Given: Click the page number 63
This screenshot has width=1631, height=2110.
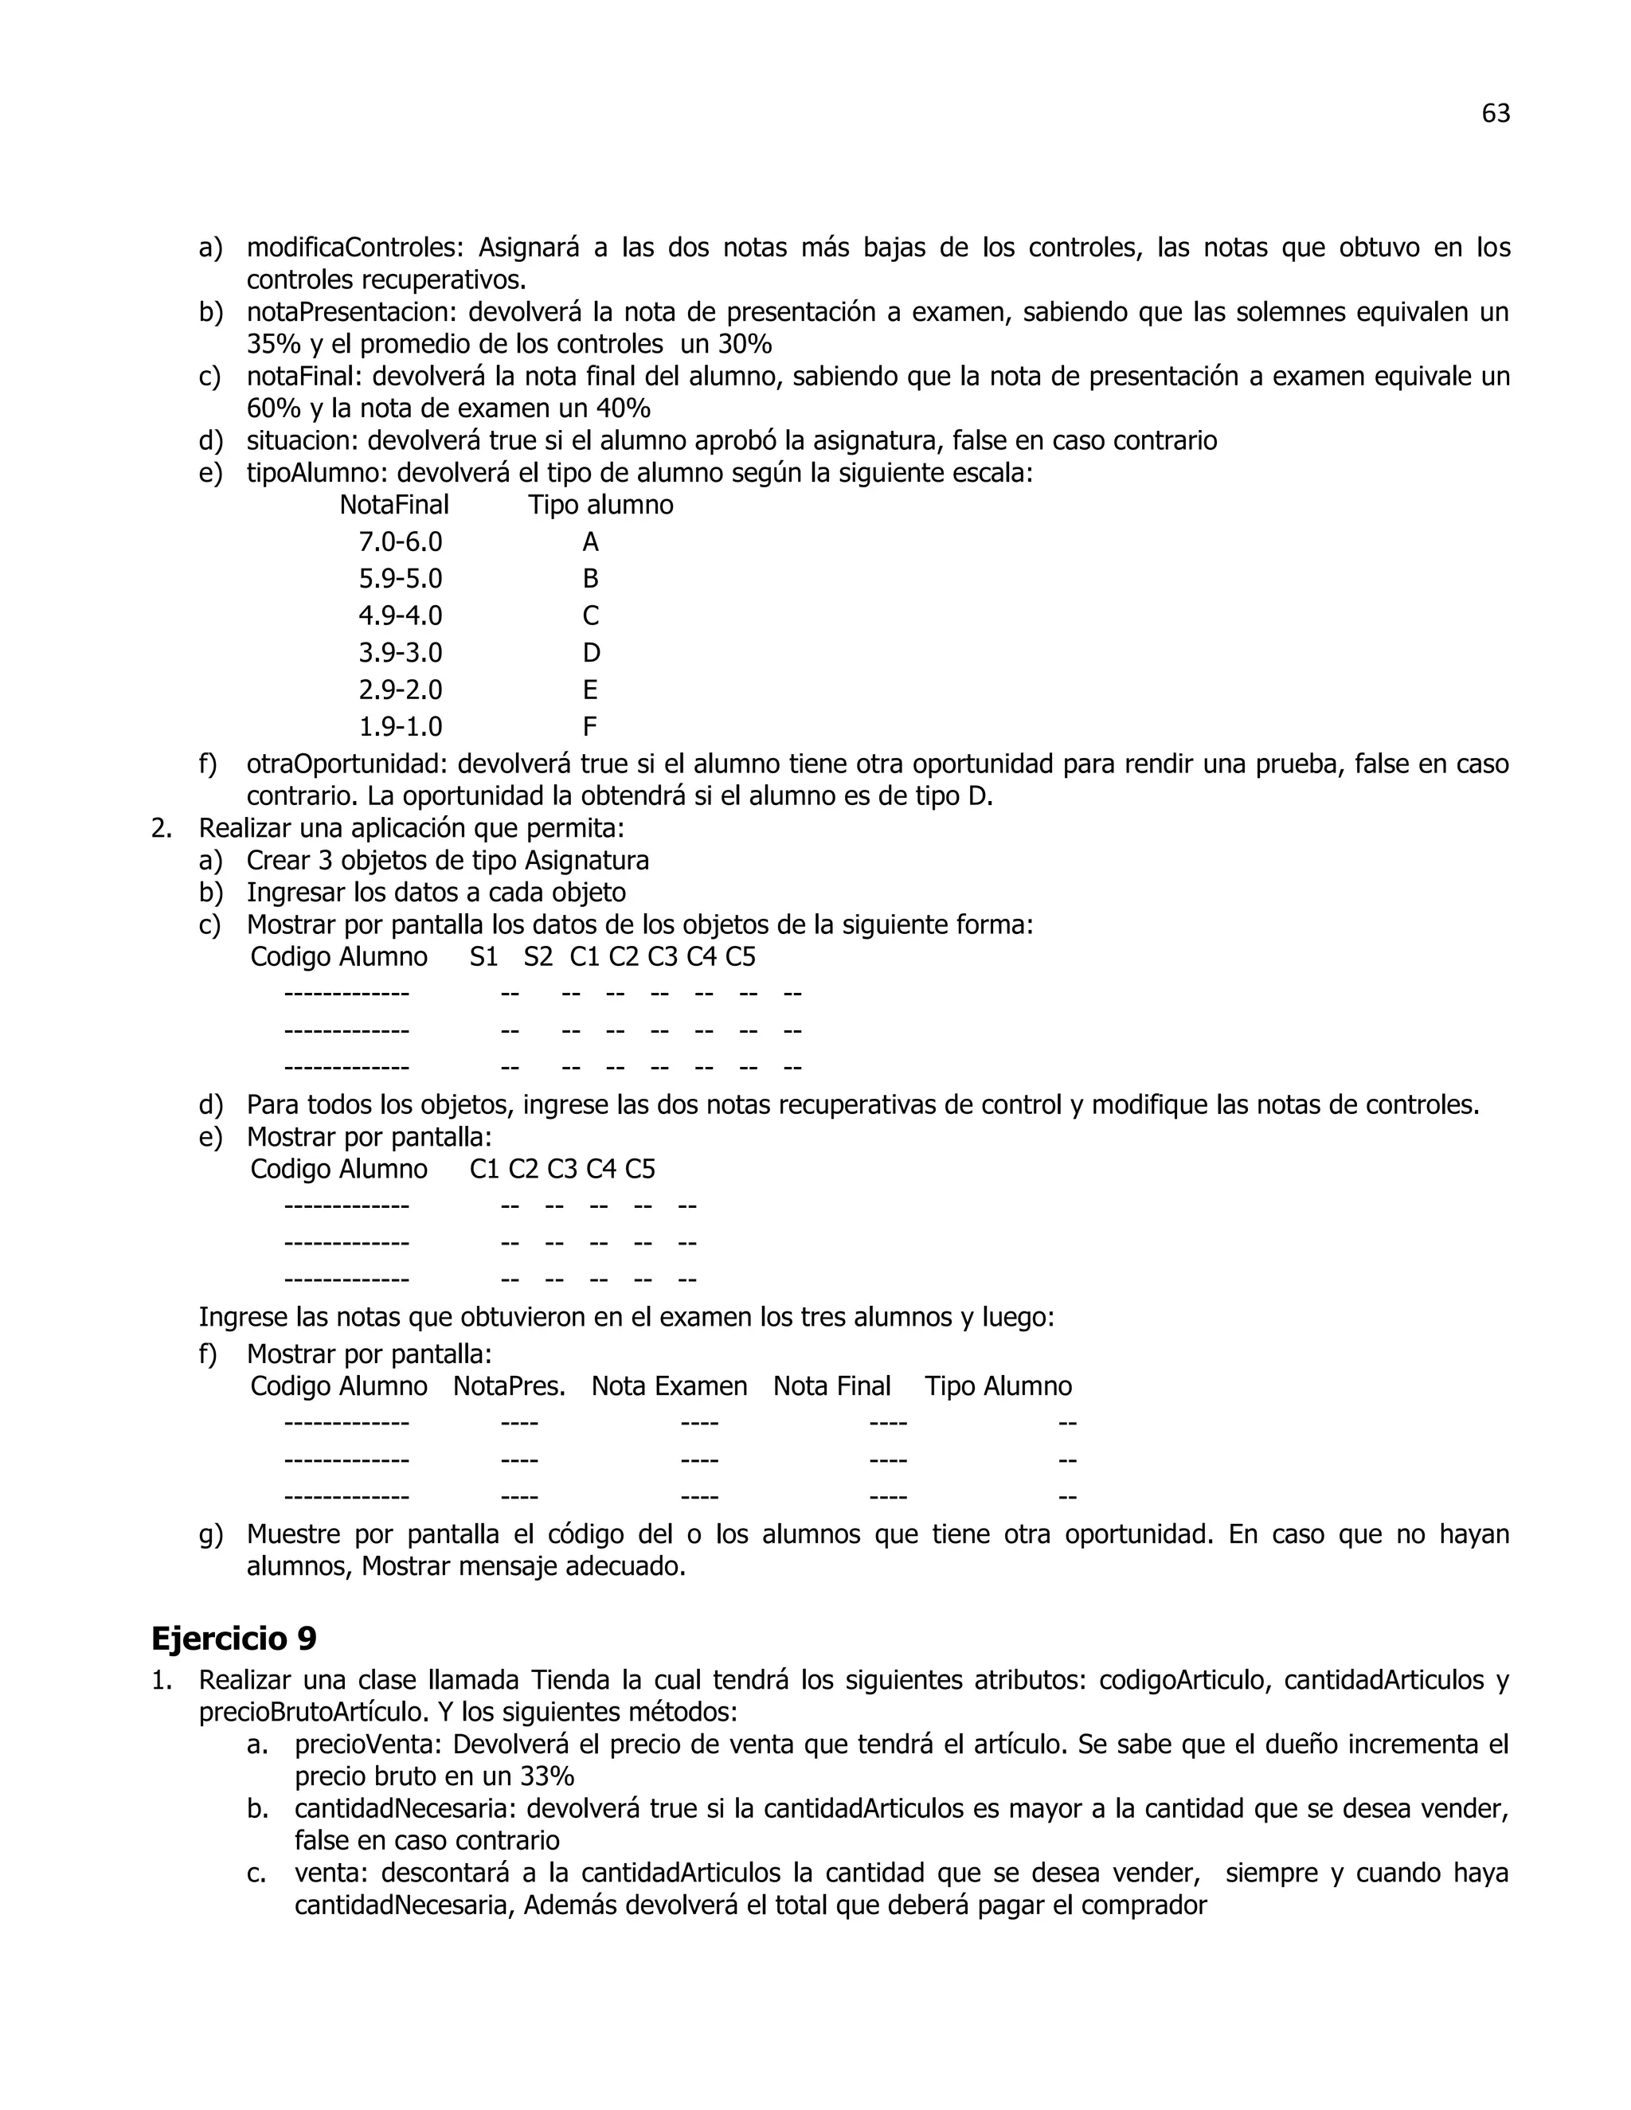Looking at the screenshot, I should (x=1495, y=114).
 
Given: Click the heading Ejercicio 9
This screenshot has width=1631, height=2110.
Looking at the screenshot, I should (x=234, y=1639).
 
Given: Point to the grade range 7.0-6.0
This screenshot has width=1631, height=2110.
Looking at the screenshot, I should (x=400, y=542).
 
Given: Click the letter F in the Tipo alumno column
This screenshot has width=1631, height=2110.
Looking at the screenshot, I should (x=589, y=726).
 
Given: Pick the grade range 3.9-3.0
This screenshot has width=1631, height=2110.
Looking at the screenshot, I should (x=400, y=653).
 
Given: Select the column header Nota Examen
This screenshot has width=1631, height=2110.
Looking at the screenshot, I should (x=669, y=1386).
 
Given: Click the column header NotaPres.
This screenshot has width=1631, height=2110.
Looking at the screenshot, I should (x=509, y=1386).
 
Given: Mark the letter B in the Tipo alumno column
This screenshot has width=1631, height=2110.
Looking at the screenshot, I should (x=590, y=579).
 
